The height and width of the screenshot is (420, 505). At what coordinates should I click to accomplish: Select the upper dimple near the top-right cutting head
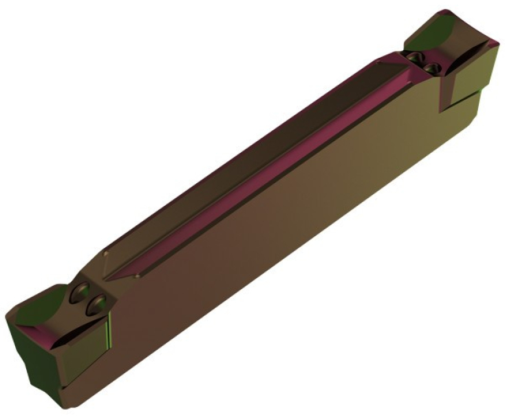pos(415,56)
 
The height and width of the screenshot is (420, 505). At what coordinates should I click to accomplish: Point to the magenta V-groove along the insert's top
pos(275,158)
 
